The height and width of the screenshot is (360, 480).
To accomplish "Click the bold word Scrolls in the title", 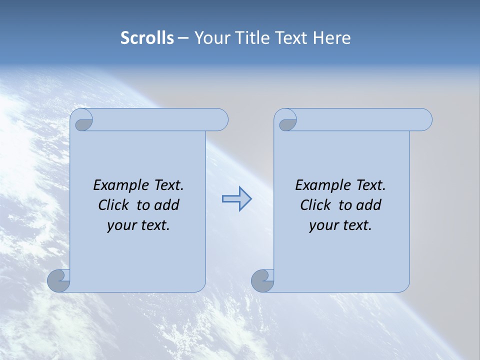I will click(147, 38).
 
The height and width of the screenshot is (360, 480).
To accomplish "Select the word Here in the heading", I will click(332, 38).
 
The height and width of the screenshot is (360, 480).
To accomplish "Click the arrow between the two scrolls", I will click(236, 199).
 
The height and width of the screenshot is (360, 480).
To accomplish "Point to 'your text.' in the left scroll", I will click(138, 225).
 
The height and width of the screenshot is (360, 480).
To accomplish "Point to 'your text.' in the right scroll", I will click(340, 225).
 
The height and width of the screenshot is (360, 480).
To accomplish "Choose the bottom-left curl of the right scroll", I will click(262, 281).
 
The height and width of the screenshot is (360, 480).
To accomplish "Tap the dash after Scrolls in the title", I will click(183, 38).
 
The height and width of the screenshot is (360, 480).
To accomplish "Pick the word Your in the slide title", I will click(209, 38).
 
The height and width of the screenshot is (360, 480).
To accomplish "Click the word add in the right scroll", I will click(368, 205).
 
